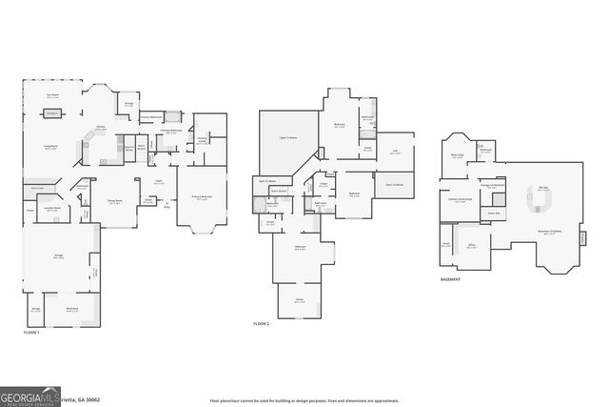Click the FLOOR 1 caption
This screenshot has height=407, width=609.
32,332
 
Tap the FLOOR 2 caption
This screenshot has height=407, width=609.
261,325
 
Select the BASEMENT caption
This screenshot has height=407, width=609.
451,279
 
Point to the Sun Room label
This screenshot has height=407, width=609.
53,95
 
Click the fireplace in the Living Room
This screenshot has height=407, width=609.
51,113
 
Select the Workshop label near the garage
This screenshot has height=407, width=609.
72,309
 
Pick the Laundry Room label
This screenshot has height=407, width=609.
52,207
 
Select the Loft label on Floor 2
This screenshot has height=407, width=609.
394,152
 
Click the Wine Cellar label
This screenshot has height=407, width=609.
458,155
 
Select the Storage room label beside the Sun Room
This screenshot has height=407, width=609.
128,104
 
